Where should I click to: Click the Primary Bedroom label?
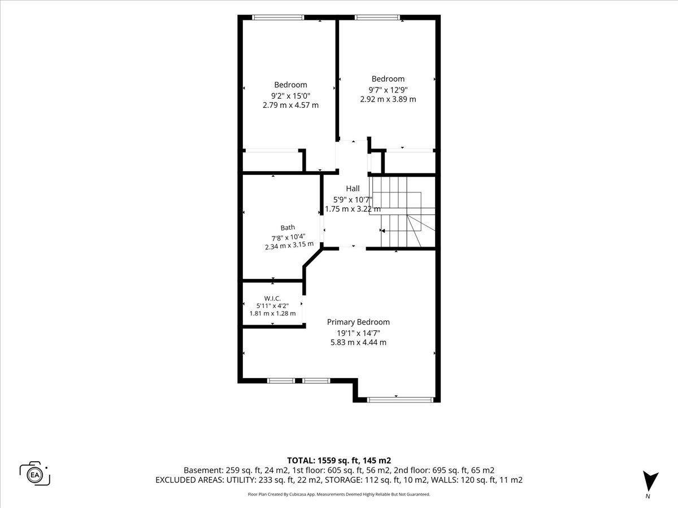point(358,322)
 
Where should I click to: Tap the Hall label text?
point(353,189)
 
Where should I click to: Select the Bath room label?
point(288,227)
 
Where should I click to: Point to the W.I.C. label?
point(272,299)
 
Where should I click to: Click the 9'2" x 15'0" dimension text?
point(290,95)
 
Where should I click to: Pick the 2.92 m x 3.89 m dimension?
point(388,99)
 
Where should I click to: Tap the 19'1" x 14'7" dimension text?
point(358,333)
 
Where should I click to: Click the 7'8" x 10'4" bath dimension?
point(289,238)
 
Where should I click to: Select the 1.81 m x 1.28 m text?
point(272,314)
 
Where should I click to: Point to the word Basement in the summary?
point(203,470)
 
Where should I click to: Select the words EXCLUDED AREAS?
point(189,480)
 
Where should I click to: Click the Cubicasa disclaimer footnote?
point(339,494)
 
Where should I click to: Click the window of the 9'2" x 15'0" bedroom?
point(278,17)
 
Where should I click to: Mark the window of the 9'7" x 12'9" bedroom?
point(377,17)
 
